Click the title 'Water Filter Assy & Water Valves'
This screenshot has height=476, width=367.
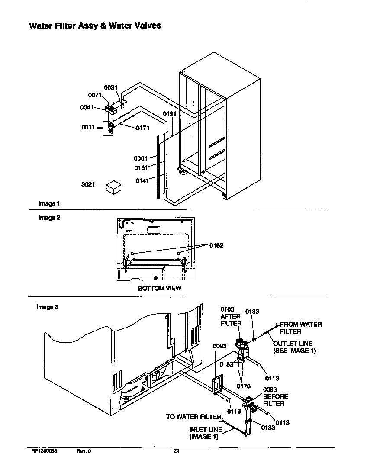coord(95,26)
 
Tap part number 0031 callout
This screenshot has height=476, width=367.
coord(111,87)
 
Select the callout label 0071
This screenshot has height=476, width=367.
coord(95,95)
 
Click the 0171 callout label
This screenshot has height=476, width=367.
coord(142,128)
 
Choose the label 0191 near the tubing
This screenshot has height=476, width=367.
coord(169,113)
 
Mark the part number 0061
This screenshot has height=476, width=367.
coord(141,158)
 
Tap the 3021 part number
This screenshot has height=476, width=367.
coord(88,185)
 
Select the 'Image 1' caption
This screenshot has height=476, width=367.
coord(49,203)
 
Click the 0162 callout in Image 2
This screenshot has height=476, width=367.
coord(216,246)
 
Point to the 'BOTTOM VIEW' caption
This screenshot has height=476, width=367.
coord(160,288)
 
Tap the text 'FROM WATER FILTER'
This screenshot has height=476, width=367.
coord(300,328)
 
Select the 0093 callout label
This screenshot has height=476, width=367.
coord(220,346)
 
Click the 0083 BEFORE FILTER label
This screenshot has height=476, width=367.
coord(275,396)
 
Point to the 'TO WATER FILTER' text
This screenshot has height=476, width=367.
coord(193,417)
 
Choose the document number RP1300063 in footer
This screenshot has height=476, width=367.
coord(44,451)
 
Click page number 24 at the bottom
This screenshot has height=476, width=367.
coord(176,451)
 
